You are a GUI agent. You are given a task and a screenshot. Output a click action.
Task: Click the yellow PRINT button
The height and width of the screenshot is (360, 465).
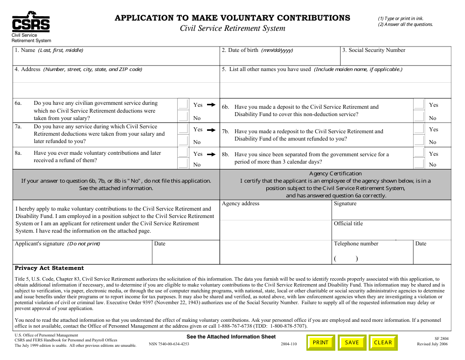coord(321,342)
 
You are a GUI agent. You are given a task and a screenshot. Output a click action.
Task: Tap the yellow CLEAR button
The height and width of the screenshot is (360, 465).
coord(383,342)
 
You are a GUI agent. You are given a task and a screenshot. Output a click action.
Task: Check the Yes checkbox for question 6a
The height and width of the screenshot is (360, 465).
coord(183,104)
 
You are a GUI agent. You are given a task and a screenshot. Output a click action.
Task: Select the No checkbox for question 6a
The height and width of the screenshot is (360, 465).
coord(183,117)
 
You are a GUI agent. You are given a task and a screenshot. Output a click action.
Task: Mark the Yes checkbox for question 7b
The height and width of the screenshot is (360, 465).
coord(419,129)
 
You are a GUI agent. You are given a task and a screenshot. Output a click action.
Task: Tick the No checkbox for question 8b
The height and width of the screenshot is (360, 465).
coord(419,164)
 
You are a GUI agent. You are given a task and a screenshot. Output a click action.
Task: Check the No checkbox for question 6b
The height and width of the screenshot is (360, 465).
coord(419,117)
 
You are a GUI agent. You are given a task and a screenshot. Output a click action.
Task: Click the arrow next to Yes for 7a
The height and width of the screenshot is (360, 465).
coord(211,130)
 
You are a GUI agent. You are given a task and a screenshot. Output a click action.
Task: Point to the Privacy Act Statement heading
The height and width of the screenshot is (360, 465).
coord(49,268)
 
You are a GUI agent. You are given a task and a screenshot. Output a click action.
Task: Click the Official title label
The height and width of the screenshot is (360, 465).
coord(348,223)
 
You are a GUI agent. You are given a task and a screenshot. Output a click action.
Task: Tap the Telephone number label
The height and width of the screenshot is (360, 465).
coord(356,243)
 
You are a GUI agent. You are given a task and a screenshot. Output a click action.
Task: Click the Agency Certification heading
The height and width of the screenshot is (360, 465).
coord(335,173)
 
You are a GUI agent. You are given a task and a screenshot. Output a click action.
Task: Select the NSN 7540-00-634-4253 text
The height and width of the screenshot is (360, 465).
coord(169,344)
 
